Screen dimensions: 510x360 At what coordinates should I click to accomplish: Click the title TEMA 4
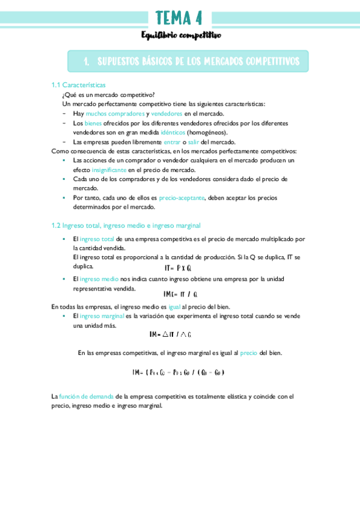pos(179,19)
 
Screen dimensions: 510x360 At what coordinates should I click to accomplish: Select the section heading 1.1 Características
pos(79,85)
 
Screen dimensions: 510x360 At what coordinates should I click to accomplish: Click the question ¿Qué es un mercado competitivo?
pos(108,94)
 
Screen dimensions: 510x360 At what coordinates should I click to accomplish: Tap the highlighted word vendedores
pos(166,113)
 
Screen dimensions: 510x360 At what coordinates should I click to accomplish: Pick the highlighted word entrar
pos(172,141)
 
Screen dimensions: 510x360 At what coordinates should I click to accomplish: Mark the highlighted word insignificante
pos(109,170)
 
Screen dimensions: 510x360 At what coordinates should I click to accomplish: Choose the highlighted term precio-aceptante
pos(182,197)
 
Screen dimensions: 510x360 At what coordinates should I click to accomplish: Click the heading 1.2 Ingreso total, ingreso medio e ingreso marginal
pos(126,226)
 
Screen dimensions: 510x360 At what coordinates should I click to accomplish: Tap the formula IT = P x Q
pos(178,268)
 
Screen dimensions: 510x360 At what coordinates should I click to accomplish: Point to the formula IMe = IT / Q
pos(181,294)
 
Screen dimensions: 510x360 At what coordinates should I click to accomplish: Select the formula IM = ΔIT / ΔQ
pos(171,334)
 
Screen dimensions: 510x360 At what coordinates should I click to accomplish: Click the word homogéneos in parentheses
pos(207,132)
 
